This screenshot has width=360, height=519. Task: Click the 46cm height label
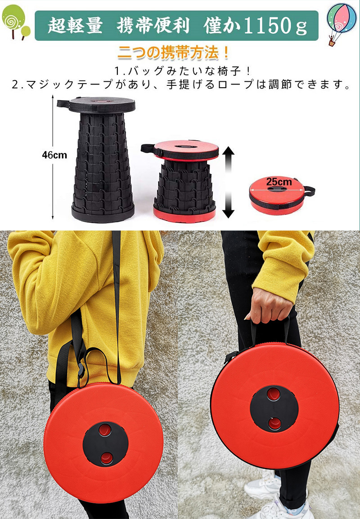point(54,155)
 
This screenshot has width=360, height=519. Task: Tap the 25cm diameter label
point(279,182)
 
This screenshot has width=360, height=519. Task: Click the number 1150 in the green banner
point(267,25)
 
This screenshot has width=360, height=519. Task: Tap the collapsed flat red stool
point(280,195)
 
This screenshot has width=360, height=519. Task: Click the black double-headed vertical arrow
point(228,182)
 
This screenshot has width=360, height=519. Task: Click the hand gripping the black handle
point(267,305)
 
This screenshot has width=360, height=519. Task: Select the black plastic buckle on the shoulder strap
point(81,369)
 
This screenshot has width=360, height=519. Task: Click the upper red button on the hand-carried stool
point(274,394)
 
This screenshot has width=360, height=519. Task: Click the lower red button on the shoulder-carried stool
point(106,458)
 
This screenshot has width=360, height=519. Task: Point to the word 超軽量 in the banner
point(75,25)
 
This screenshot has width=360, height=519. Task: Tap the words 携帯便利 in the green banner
point(153,25)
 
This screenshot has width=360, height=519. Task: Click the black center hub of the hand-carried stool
point(274,409)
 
